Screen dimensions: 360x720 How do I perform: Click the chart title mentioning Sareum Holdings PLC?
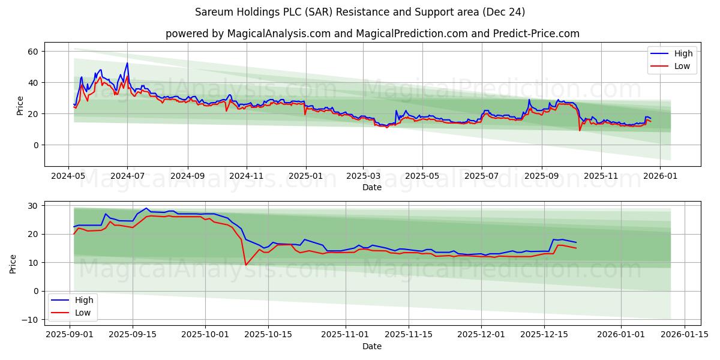coord(360,12)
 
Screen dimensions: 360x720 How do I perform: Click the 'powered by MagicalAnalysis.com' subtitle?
coord(372,34)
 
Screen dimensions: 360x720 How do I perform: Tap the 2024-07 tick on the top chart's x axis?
coord(127,176)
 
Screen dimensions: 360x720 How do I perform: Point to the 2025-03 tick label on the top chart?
coord(362,176)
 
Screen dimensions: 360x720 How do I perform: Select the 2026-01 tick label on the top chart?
coord(659,176)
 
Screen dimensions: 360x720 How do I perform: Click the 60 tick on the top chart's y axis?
coord(33,52)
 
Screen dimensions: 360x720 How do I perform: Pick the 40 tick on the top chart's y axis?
coord(33,83)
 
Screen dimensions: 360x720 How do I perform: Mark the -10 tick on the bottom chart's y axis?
coord(30,320)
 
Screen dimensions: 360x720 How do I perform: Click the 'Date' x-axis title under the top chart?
coord(372,188)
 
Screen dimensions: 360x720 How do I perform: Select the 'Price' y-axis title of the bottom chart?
coord(13,263)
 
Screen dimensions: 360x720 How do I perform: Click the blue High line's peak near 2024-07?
coord(127,63)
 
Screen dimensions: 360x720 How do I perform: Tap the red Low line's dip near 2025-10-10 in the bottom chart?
coord(245,265)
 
